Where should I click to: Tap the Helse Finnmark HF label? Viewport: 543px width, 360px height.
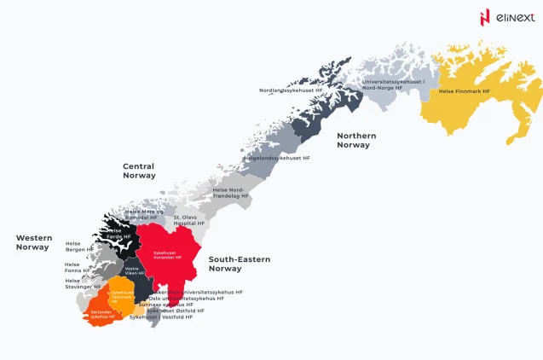464,90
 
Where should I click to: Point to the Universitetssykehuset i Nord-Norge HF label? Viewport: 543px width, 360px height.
392,84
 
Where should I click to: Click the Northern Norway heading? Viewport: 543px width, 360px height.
356,140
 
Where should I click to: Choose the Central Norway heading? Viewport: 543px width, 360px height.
139,171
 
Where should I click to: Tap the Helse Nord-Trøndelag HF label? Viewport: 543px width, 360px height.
230,193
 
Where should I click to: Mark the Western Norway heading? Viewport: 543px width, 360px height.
33,242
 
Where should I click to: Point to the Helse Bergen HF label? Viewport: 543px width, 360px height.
78,247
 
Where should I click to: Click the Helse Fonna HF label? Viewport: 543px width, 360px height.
77,268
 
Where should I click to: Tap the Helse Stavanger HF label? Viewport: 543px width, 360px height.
77,283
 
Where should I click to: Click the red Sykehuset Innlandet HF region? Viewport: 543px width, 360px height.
170,247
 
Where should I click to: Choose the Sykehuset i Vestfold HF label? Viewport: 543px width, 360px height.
161,317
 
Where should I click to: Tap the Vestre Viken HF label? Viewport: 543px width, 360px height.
135,271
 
